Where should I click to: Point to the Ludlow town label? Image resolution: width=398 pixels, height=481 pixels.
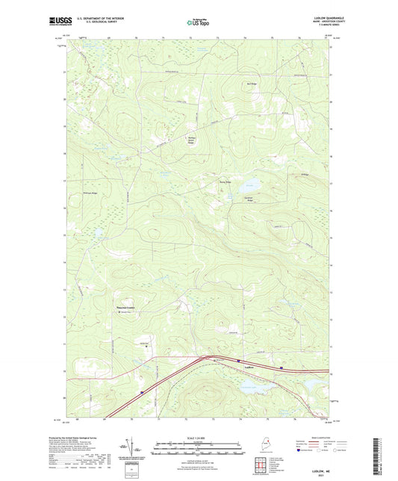(x=250, y=367)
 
